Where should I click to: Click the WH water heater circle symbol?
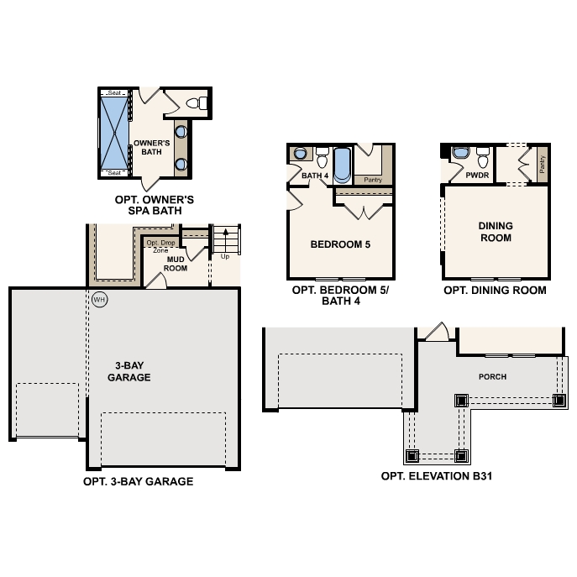point(100,299)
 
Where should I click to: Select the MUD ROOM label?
point(176,264)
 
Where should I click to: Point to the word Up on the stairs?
point(224,256)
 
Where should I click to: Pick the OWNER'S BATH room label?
point(152,148)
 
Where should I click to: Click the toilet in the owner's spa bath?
point(195,104)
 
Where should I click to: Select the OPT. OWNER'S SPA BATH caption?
point(155,206)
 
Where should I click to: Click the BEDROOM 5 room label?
point(340,245)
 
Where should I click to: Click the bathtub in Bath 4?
point(342,165)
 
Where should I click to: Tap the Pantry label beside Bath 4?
point(372,179)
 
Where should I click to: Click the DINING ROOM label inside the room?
point(495,232)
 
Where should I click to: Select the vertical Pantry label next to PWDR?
point(542,165)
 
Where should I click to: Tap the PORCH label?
point(492,376)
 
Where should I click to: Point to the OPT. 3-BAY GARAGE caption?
point(139,482)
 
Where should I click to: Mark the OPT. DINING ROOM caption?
point(495,291)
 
